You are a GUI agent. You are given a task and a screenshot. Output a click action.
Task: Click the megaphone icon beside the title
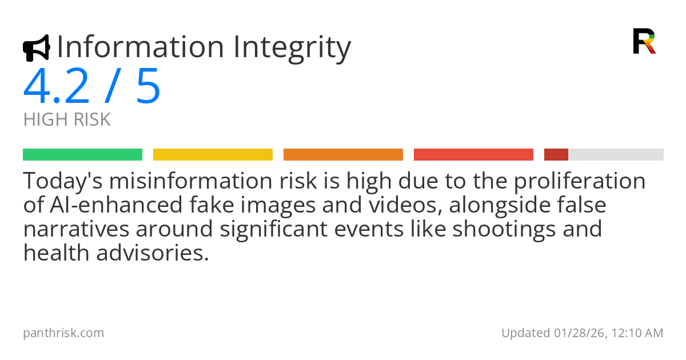click(36, 48)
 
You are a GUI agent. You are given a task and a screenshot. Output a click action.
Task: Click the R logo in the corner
click(644, 41)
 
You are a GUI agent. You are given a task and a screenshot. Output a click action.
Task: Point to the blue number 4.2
click(57, 87)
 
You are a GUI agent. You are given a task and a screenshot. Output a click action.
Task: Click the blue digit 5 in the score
click(148, 87)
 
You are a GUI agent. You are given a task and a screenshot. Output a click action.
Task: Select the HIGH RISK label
click(67, 120)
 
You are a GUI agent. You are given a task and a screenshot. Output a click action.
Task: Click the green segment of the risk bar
click(82, 155)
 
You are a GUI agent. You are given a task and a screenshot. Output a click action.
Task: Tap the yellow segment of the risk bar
click(213, 155)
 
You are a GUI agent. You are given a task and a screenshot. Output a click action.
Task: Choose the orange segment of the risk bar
click(343, 155)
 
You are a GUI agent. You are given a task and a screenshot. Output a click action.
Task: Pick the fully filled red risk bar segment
click(473, 155)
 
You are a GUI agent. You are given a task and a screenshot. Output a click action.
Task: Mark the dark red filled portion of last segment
click(556, 155)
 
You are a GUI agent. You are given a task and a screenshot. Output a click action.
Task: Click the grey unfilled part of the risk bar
click(616, 155)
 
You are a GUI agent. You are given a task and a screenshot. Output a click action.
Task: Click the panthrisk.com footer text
click(63, 333)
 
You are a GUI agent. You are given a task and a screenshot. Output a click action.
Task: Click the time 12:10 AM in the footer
click(637, 333)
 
